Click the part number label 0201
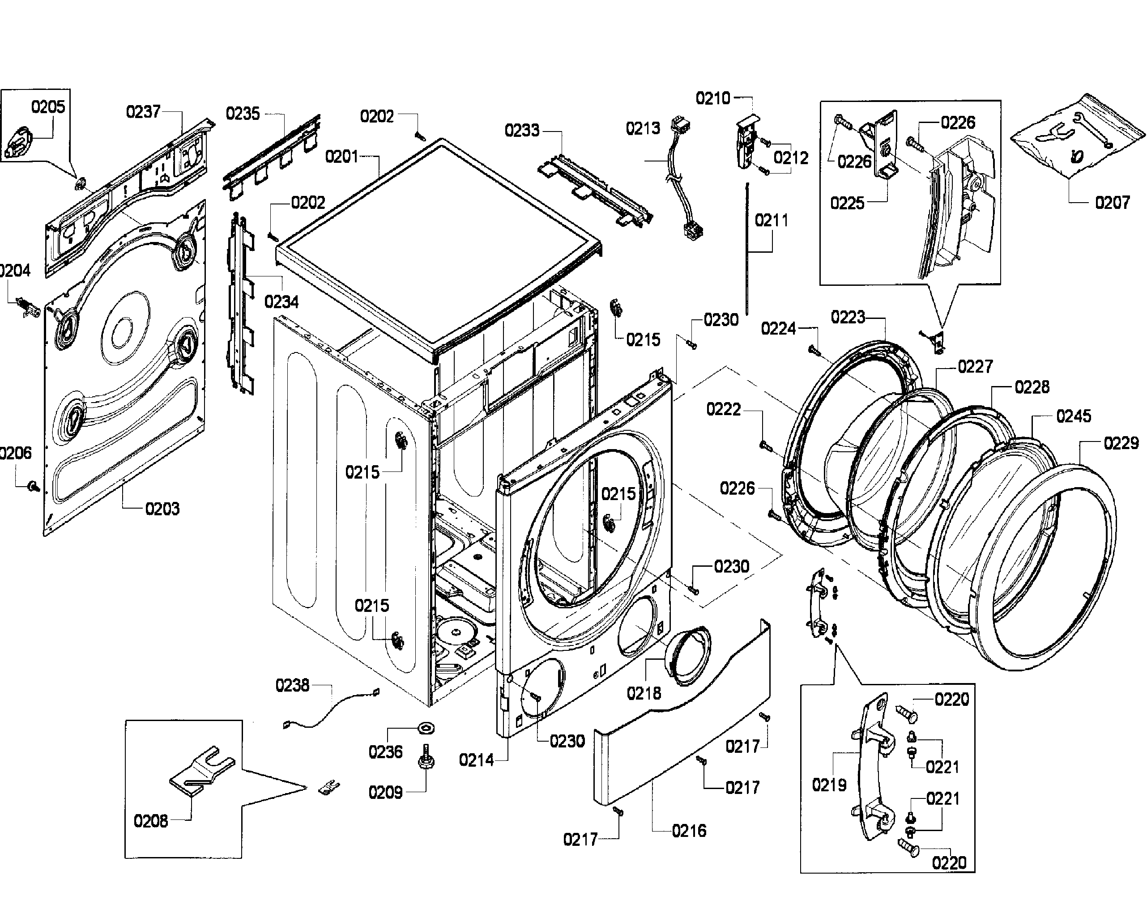tap(341, 157)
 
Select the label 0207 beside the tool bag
tap(1112, 203)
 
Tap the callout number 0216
tap(688, 831)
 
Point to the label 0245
tap(1073, 416)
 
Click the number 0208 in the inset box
tap(150, 821)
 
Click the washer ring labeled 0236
tap(426, 727)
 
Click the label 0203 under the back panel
tap(162, 509)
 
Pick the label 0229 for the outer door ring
tap(1121, 443)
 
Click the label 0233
tap(522, 130)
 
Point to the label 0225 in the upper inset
tap(847, 203)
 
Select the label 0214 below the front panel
tap(476, 760)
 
